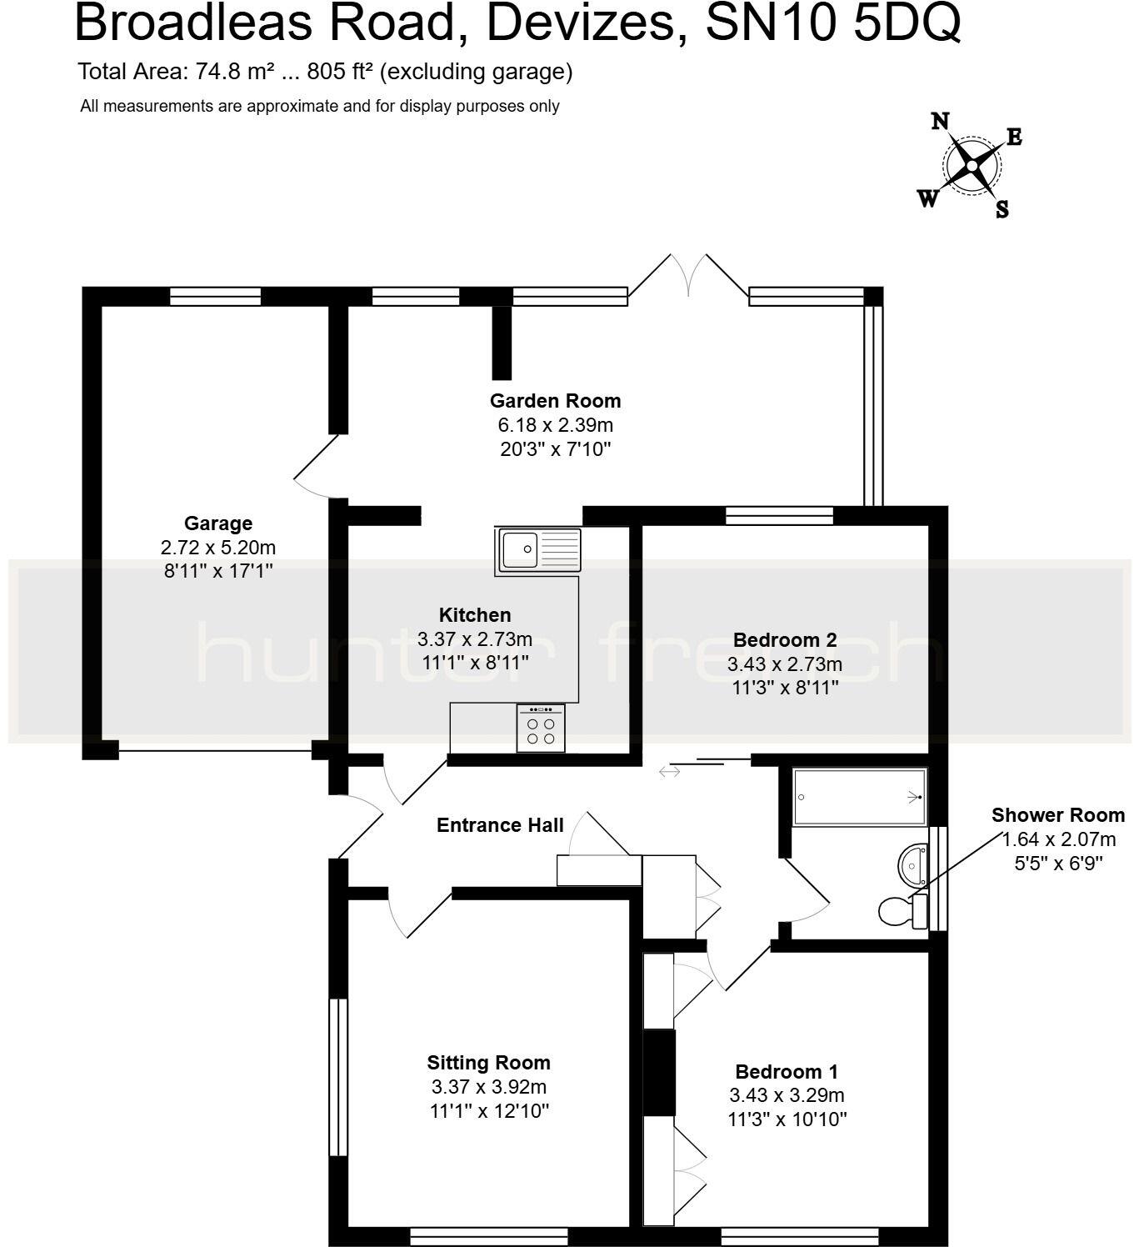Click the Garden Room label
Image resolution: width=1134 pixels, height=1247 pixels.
(x=555, y=401)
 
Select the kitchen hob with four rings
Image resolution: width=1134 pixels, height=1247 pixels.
(x=540, y=728)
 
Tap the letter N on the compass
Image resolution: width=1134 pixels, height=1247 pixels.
(x=941, y=122)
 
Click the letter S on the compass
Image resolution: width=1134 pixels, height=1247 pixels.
(x=1002, y=209)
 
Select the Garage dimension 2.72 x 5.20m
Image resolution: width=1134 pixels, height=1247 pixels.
(x=218, y=548)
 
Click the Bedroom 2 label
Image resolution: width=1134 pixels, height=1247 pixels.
(x=784, y=640)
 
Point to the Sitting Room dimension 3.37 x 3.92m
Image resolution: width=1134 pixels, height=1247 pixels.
(x=489, y=1087)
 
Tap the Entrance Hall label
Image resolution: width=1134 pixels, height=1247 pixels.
(x=500, y=825)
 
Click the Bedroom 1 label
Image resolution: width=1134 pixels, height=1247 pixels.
(x=787, y=1072)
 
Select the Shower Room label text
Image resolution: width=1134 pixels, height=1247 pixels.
(x=1057, y=815)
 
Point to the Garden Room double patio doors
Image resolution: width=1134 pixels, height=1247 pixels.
(x=688, y=275)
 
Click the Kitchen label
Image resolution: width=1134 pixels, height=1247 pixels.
(x=475, y=615)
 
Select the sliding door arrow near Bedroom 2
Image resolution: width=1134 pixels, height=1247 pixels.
(x=670, y=772)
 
